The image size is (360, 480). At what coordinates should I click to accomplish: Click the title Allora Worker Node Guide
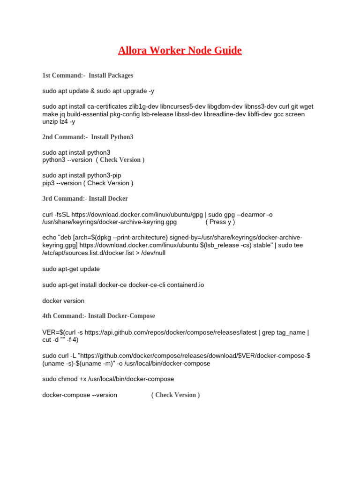(180, 50)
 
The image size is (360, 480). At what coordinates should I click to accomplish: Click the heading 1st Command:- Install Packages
(88, 75)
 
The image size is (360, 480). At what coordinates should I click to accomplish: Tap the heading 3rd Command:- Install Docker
(85, 198)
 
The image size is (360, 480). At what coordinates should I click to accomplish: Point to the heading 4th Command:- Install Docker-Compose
(98, 315)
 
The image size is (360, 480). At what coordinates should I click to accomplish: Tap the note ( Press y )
(220, 222)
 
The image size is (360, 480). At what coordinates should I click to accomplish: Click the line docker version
(63, 300)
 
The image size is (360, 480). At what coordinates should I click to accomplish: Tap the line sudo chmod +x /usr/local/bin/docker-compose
(108, 379)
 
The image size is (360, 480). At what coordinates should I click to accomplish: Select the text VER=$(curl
(58, 332)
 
